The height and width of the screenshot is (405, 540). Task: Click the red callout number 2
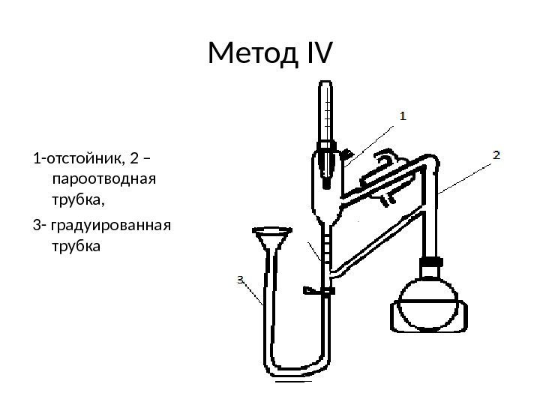click(x=496, y=154)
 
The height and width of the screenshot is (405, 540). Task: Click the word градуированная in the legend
click(x=112, y=226)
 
